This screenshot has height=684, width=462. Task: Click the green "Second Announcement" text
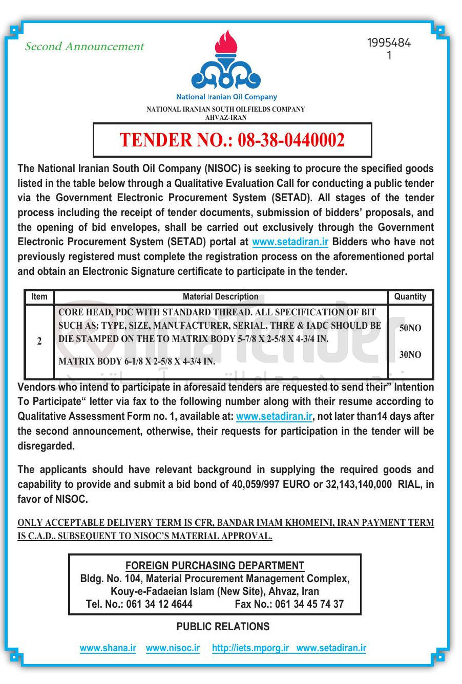coord(85,47)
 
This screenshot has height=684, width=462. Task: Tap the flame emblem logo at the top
coord(226,60)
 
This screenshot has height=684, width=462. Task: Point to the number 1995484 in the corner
coord(389,43)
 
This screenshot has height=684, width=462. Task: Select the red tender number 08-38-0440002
coord(291,140)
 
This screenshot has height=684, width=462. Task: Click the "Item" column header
coord(39,296)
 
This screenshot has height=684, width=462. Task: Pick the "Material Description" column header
coord(220,296)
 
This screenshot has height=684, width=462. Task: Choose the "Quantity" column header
coord(410,296)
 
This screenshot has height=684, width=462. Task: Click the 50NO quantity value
coord(410,328)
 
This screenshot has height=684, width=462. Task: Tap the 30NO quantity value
coord(410,355)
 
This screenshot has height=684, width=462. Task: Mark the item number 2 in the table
coord(39,341)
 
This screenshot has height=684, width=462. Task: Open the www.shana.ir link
coord(108,648)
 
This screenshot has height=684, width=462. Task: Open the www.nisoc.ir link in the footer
coord(173,648)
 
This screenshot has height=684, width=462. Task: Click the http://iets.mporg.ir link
coord(250,648)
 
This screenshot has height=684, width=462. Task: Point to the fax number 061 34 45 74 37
coord(309,604)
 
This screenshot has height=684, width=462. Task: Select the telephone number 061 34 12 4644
coord(159,604)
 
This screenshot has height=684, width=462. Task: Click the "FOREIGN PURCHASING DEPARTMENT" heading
coord(215,566)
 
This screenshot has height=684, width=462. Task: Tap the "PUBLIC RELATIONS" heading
coord(223,627)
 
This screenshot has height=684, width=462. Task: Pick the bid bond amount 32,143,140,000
coord(359,484)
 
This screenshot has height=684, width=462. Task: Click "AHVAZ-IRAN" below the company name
coord(226,117)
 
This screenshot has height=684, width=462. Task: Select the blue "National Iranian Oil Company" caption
coord(226,97)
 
